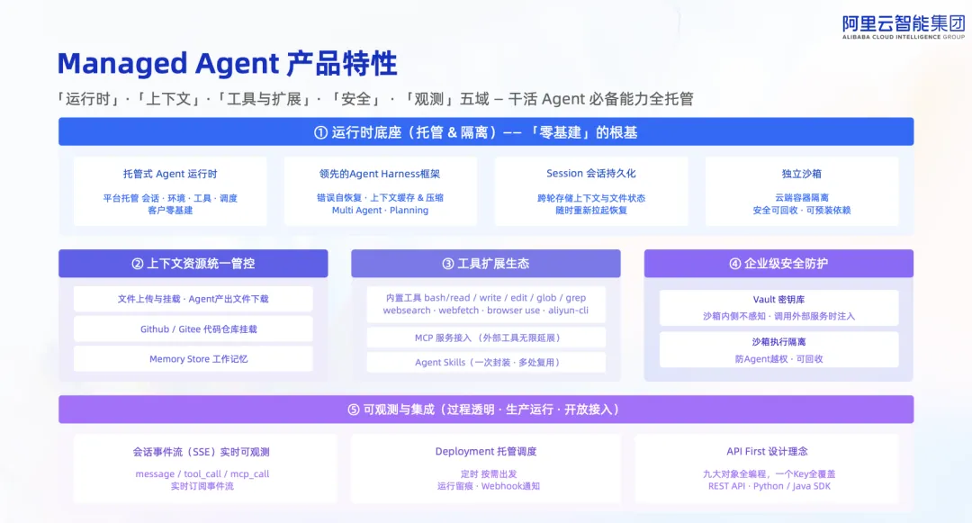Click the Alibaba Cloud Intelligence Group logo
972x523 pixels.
904,27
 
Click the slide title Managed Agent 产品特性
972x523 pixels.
227,63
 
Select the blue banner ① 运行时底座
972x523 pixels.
486,132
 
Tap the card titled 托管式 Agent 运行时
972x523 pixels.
170,191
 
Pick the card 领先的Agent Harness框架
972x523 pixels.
380,191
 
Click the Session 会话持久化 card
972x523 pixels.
590,191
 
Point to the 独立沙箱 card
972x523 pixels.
802,191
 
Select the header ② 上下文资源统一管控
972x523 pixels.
193,264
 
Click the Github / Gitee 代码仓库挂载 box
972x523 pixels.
193,329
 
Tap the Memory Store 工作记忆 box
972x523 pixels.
193,359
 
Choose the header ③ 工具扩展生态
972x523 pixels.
486,264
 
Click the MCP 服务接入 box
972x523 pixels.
486,338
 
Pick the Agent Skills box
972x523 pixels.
486,363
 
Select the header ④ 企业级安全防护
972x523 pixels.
778,264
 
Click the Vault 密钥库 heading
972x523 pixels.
778,299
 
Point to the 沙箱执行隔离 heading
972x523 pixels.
778,341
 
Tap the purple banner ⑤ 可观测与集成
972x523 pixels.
486,410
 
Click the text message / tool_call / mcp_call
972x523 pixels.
202,474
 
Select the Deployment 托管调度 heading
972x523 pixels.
486,452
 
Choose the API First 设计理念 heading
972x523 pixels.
768,452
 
